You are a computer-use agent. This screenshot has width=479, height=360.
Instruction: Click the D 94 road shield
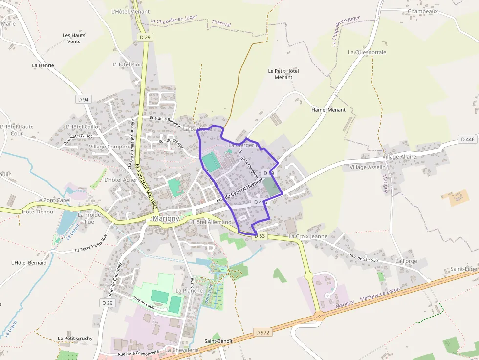[x=83, y=99]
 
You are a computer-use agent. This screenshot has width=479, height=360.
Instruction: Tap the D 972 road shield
[x=262, y=333]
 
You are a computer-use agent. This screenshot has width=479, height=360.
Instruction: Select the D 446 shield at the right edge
[x=467, y=139]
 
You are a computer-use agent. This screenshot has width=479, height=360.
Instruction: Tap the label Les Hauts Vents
[x=74, y=38]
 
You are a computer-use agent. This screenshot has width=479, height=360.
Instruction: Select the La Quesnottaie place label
[x=367, y=52]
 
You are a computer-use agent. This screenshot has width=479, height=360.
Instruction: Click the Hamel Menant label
[x=328, y=110]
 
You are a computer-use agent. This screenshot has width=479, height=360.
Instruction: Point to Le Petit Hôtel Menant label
[x=283, y=74]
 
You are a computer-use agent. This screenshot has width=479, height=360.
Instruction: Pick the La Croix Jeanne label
[x=308, y=236]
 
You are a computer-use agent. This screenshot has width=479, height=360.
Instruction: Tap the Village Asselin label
[x=368, y=167]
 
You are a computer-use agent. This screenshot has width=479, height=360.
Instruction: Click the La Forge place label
[x=406, y=261]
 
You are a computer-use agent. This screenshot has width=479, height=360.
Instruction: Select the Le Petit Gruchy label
[x=75, y=338]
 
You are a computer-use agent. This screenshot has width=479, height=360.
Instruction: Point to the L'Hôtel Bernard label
[x=29, y=263]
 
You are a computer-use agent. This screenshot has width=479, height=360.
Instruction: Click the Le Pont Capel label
[x=53, y=200]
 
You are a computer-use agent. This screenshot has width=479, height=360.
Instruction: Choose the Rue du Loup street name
[x=144, y=303]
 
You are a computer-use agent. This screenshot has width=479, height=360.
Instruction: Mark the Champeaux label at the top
[x=423, y=11]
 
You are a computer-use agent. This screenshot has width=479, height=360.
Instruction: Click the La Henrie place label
[x=43, y=65]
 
